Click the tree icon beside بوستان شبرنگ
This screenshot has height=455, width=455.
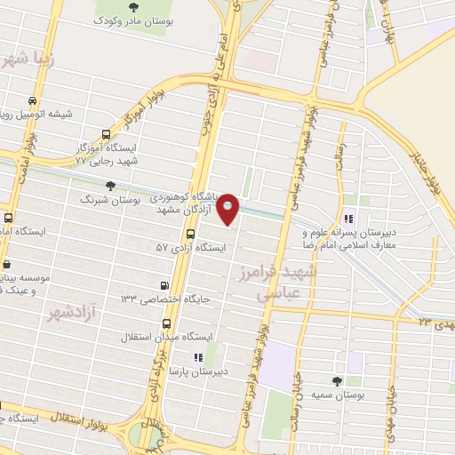click(x=109, y=185)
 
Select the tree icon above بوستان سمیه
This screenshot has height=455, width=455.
click(x=336, y=379)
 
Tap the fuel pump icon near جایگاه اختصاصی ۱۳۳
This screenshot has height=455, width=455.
click(x=164, y=285)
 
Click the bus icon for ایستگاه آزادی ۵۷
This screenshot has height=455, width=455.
click(x=190, y=234)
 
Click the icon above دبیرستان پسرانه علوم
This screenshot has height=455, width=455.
click(x=349, y=218)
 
